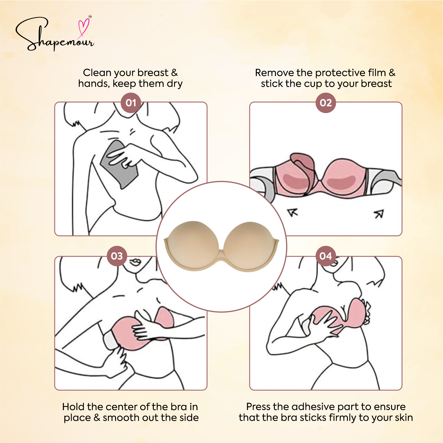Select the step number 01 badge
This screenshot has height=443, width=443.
click(131, 103)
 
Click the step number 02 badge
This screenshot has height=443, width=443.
click(326, 103)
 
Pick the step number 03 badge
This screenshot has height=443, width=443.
click(117, 256)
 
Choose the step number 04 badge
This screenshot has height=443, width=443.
click(326, 256)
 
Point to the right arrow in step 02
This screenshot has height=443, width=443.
click(379, 214)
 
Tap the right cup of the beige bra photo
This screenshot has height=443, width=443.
click(251, 242)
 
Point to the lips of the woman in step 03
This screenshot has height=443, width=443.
click(135, 262)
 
